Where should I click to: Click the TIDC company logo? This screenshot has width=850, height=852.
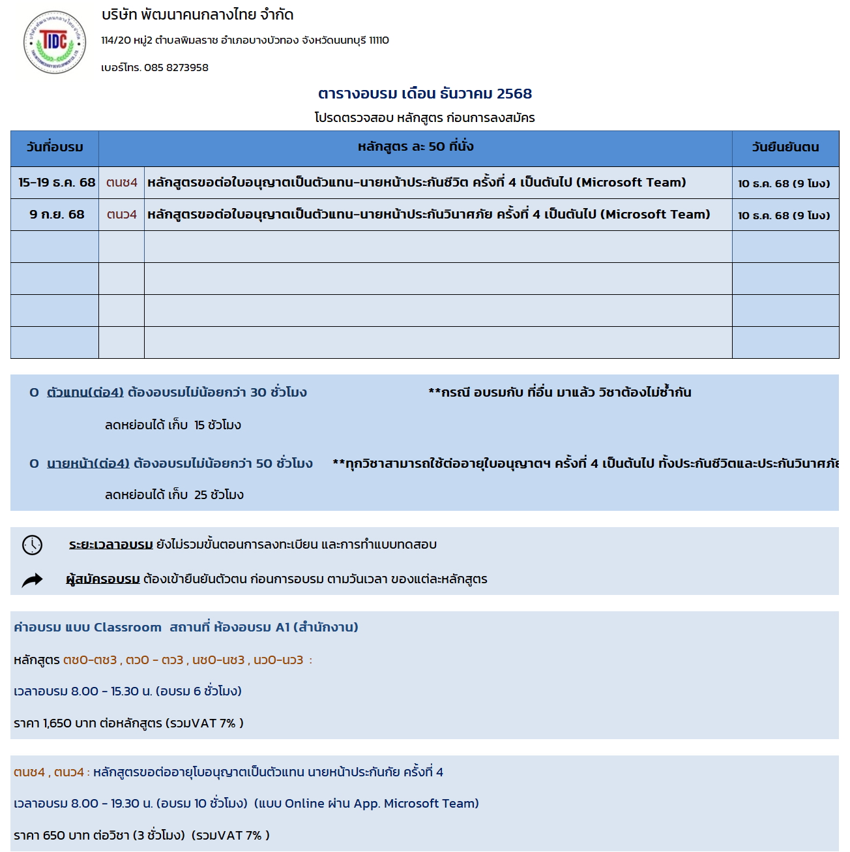(55, 42)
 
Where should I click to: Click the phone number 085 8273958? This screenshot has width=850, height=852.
(176, 68)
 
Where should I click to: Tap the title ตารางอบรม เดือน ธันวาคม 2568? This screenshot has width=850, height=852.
(424, 94)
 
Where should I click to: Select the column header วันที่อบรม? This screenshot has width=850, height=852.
(55, 147)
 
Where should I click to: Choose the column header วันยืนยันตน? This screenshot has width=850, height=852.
(785, 147)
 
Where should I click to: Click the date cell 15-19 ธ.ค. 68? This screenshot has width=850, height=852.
(57, 183)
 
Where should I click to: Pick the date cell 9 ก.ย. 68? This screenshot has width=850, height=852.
(57, 215)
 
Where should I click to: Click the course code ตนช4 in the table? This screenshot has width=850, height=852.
(122, 183)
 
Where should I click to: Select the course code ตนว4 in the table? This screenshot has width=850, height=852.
(122, 215)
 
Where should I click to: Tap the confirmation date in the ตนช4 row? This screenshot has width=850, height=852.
(784, 184)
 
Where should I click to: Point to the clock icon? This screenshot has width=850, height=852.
(32, 545)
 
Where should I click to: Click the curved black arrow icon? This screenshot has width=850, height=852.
(32, 580)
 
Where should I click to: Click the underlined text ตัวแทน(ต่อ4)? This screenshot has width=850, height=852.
(85, 393)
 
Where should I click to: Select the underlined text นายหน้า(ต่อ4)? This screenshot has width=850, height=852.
(89, 464)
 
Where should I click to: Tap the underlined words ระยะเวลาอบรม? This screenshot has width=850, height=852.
(111, 545)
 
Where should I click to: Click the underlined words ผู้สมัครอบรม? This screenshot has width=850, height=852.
(103, 579)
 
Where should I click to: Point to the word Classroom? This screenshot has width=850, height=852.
(127, 628)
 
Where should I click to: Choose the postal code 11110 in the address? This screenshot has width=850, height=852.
(379, 40)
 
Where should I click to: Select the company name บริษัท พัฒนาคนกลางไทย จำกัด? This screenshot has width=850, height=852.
(198, 15)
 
